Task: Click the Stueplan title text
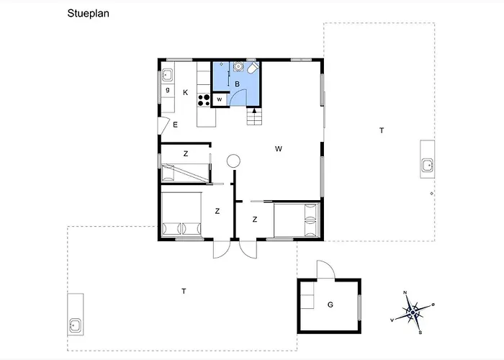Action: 88,14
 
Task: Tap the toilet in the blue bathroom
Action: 253,68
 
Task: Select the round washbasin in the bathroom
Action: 238,66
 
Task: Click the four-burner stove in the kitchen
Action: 204,100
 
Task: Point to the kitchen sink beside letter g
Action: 166,75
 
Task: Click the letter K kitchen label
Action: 186,93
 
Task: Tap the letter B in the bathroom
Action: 237,84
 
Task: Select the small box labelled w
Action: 220,99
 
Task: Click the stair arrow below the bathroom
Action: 254,111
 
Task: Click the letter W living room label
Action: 279,149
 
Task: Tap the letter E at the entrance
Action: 175,125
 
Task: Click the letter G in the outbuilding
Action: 330,305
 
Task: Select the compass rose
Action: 413,312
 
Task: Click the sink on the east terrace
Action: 428,165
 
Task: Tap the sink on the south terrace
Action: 75,325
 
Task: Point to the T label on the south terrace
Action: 184,291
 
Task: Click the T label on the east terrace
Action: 382,130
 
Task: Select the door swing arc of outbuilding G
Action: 330,265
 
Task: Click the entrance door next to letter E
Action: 165,125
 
